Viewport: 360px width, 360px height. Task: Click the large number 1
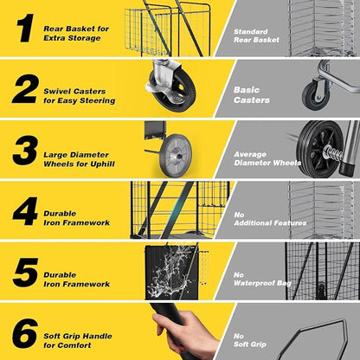coord(25,29)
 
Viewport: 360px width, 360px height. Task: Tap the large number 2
coord(25,89)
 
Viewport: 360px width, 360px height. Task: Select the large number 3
coord(25,151)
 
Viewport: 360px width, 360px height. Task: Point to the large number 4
coord(25,211)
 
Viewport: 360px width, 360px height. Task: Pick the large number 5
coord(25,273)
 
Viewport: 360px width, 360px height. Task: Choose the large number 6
coord(25,333)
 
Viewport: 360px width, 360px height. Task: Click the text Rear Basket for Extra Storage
coord(76,34)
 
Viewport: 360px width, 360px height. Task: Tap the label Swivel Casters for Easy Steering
coord(80,96)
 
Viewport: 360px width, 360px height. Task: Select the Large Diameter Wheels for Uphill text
coord(79,159)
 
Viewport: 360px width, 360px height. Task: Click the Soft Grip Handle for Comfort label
coord(78,340)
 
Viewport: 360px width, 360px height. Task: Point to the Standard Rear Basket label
coord(256,35)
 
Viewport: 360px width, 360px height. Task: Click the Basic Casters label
coord(252,95)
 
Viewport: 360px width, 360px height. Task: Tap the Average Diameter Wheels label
coord(267,158)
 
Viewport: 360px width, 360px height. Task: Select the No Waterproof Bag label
coord(262,279)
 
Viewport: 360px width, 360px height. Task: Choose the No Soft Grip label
coord(250,340)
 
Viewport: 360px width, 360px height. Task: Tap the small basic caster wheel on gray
coord(316,95)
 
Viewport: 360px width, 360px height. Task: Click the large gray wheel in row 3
coord(176,155)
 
